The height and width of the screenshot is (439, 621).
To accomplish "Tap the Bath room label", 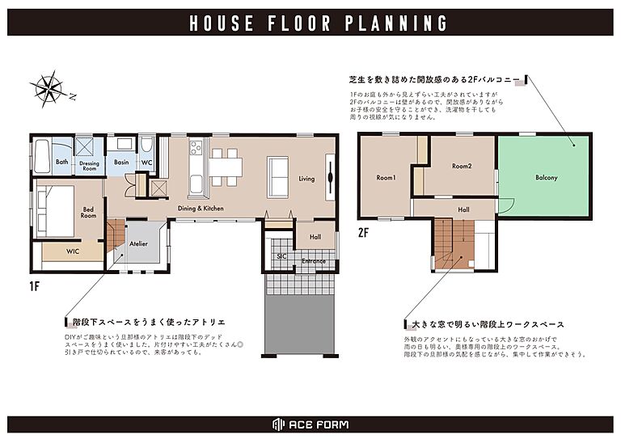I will point(62,163).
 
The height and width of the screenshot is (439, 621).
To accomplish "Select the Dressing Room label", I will point(89,166).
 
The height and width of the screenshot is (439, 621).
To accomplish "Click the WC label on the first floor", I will point(146,163).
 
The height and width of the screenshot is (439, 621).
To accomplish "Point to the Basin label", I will point(121,163).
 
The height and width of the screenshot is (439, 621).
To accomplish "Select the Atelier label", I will point(138,243).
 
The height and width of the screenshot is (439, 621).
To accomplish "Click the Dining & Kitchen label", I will point(201,209).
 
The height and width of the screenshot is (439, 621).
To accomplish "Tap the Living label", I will point(306,179).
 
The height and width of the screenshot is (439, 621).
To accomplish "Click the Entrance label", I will point(313,261).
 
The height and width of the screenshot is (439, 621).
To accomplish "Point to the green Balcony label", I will point(547,177).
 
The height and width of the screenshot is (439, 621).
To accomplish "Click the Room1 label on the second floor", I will point(386,177).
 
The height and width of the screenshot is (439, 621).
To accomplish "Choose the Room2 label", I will point(461,166).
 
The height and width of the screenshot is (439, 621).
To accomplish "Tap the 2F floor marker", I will point(364,231).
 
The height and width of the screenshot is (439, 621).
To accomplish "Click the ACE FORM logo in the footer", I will point(310,425).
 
